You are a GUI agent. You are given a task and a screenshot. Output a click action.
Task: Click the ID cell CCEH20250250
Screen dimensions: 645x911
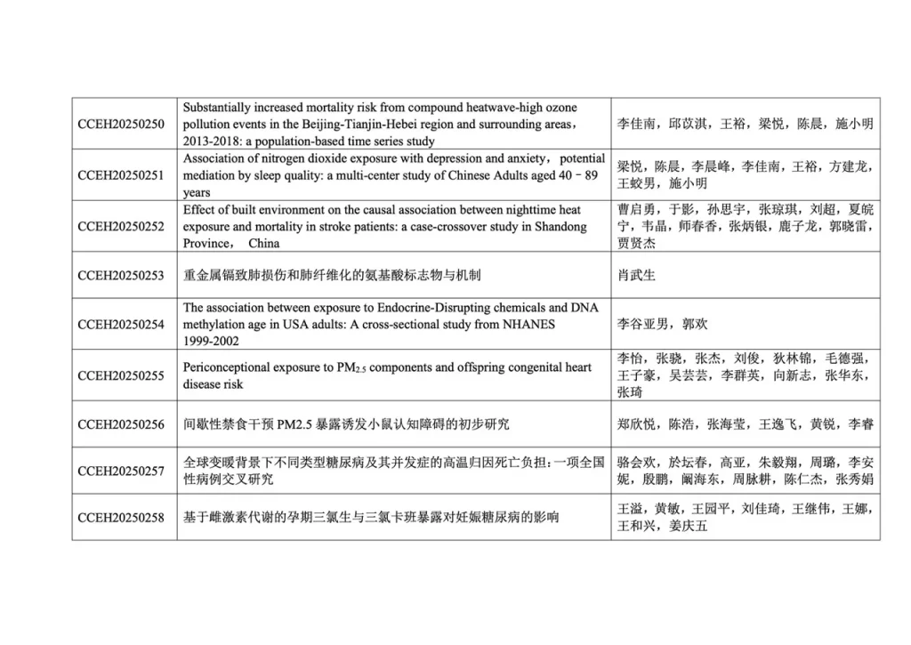[x=121, y=124]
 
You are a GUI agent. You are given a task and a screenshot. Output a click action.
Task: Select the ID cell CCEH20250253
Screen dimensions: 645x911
[x=121, y=276]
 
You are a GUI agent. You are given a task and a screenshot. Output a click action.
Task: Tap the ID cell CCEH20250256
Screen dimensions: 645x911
[x=121, y=424]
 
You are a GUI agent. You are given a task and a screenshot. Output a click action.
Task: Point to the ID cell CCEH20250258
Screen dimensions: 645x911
[x=121, y=517]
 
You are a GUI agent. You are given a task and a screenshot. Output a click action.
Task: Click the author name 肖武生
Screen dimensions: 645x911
[x=636, y=276]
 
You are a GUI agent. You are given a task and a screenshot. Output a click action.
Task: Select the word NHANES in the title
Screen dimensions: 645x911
[x=528, y=325]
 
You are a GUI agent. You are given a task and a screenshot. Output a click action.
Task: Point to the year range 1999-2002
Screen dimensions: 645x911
[x=211, y=341]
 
